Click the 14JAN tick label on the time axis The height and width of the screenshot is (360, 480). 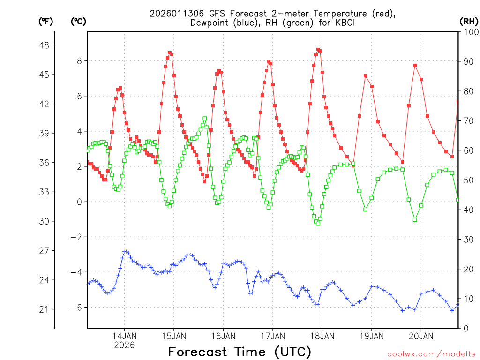coord(124,336)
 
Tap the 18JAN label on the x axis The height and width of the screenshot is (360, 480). coord(322,336)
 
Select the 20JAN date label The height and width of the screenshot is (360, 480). coord(421,336)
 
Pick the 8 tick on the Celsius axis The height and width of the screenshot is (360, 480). coord(80,61)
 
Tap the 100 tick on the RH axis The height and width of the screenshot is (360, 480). coord(468,32)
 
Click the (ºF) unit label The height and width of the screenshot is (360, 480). coord(46,21)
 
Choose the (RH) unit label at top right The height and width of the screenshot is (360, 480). coord(468,21)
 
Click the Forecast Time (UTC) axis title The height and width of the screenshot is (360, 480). coord(240,352)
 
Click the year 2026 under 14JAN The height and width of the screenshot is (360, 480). coord(124,345)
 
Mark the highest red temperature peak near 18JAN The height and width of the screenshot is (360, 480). coord(318,49)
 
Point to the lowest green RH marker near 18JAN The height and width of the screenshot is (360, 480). coord(318,223)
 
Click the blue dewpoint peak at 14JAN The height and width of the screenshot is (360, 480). coord(125,252)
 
